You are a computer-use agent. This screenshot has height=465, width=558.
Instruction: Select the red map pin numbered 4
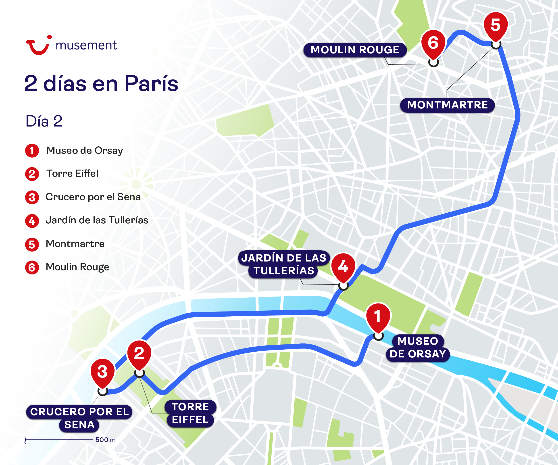coord(343,267)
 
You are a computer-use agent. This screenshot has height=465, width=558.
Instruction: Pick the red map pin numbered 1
coord(378,317)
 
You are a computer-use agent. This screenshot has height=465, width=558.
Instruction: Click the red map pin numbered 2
coord(139,354)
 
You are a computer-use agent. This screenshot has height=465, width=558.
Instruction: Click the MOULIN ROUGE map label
coord(355,50)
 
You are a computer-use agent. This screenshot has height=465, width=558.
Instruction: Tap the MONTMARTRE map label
coord(447,105)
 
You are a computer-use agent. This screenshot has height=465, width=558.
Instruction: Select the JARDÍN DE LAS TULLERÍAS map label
coord(283,264)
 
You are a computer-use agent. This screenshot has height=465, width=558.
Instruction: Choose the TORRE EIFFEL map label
coord(190,413)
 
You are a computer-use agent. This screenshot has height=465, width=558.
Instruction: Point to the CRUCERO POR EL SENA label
coord(79,418)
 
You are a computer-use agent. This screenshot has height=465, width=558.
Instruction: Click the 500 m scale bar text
coord(106,440)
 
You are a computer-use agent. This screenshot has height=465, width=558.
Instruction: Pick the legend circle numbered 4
coord(32,221)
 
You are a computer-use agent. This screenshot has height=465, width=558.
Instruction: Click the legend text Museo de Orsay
coord(85,151)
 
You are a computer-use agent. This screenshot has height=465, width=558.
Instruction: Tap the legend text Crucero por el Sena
coord(93,197)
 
